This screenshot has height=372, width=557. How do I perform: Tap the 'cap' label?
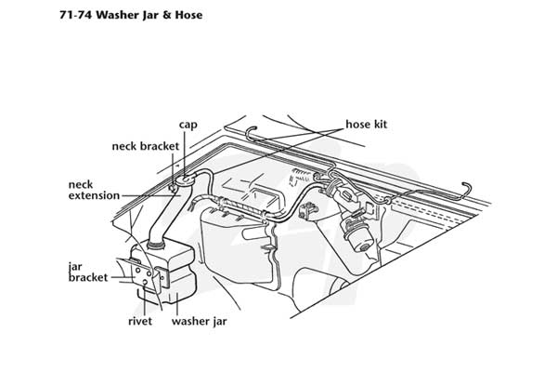click(188, 125)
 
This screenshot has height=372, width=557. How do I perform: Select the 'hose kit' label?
click(367, 125)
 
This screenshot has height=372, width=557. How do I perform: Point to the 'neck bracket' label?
click(146, 146)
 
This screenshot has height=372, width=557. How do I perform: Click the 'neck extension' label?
click(94, 190)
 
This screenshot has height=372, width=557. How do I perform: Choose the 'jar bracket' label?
click(88, 272)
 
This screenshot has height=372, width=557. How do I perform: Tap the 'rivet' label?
click(140, 322)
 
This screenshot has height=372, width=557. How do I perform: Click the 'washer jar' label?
click(199, 322)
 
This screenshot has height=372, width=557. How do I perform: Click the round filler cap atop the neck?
click(185, 180)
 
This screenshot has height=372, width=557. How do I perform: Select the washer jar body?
click(166, 272)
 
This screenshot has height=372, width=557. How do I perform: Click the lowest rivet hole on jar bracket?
click(145, 283)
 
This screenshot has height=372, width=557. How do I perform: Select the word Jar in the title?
click(151, 15)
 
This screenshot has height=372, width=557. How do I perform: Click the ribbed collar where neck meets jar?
click(156, 245)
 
